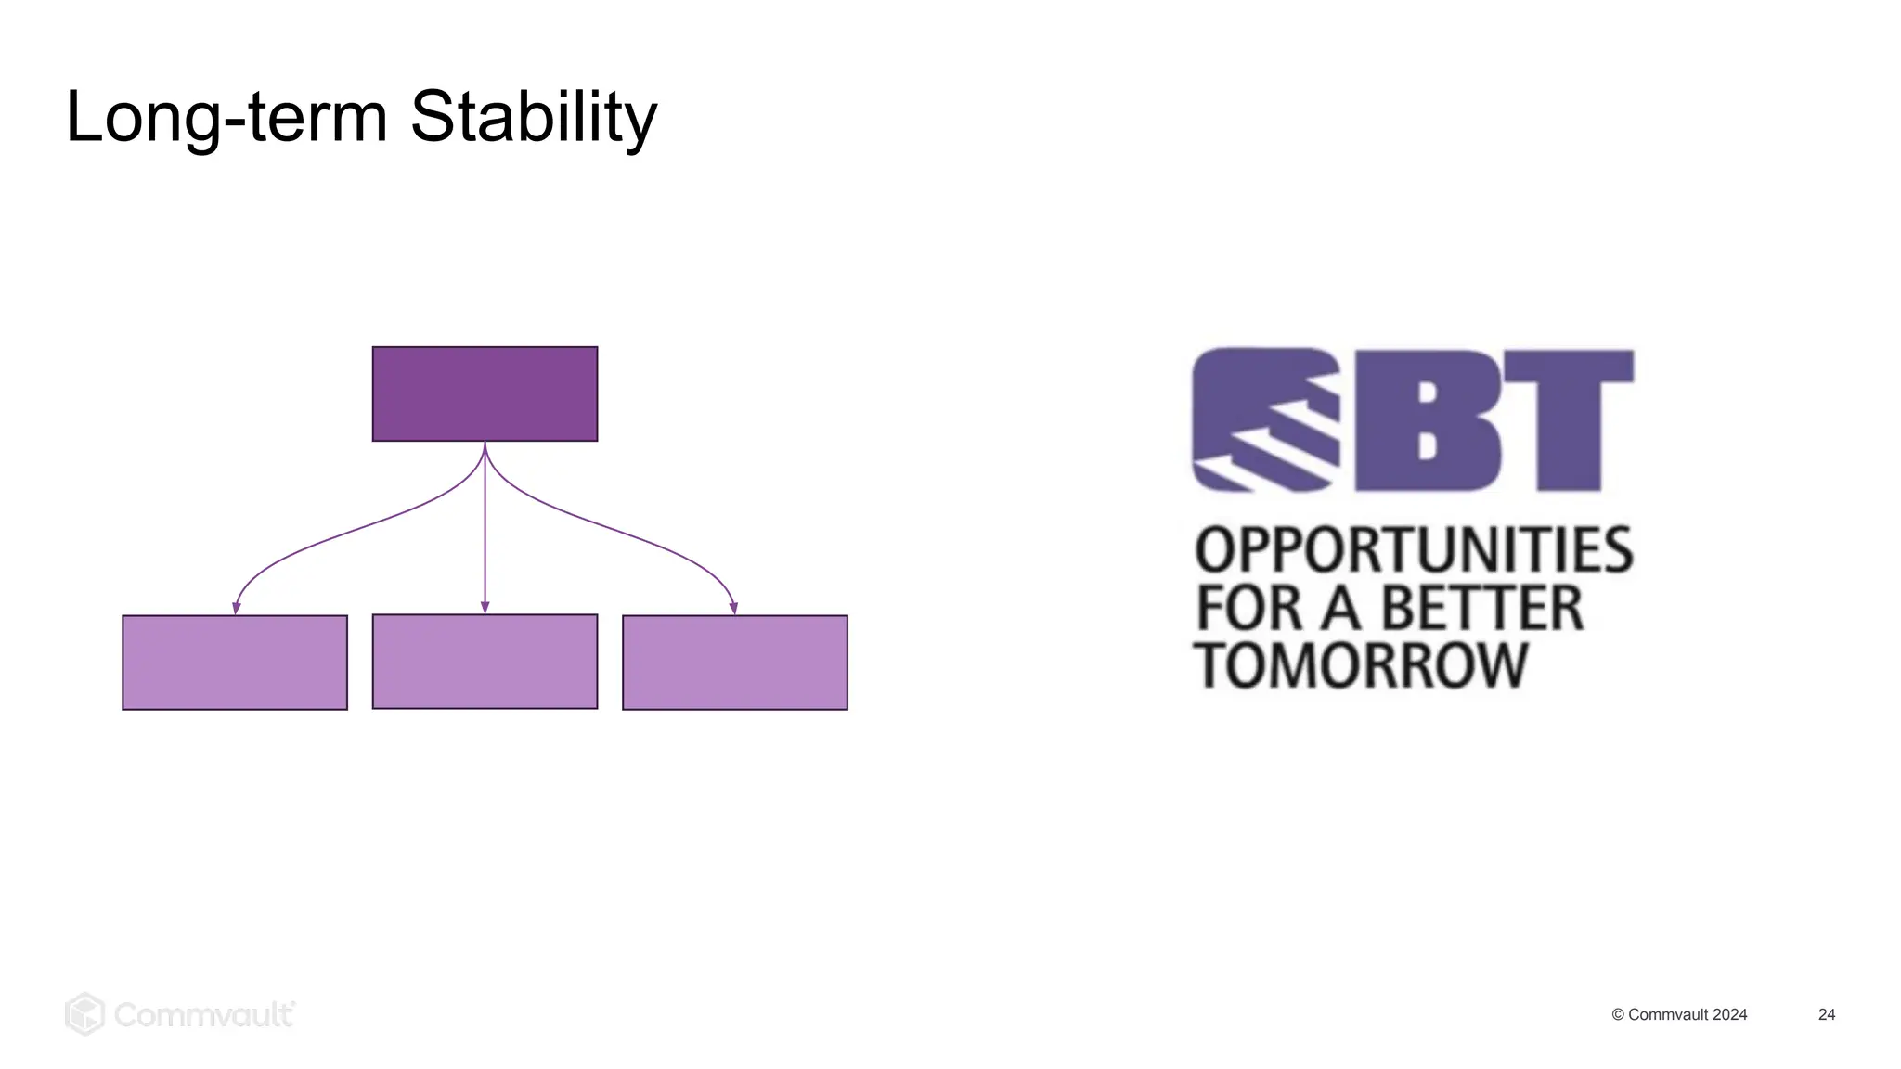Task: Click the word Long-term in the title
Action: coord(226,117)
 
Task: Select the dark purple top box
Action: coord(485,393)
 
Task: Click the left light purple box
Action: coord(235,663)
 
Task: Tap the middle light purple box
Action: coord(485,662)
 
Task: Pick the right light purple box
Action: coord(734,663)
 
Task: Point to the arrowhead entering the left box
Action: coord(237,608)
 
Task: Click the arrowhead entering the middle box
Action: coord(485,607)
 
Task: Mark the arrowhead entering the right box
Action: coord(733,608)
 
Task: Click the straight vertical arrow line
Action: coord(485,529)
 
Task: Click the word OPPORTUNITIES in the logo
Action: coord(1413,549)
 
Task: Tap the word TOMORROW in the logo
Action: coord(1360,664)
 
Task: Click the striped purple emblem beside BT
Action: coord(1265,419)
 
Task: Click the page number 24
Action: coord(1826,1014)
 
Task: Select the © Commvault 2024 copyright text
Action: coord(1679,1014)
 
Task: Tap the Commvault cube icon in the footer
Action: coord(84,1013)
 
